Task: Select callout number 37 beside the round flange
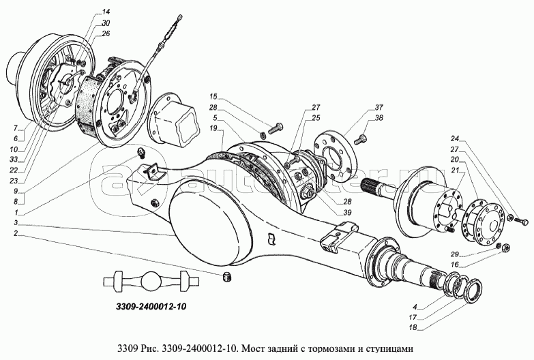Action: tap(379, 108)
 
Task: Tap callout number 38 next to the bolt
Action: tap(379, 118)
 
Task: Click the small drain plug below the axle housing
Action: tap(228, 275)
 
